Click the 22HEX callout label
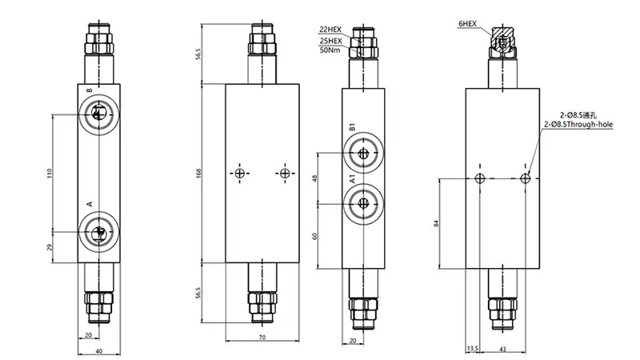pyautogui.click(x=330, y=30)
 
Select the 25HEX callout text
pyautogui.click(x=331, y=41)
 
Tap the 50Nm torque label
pyautogui.click(x=330, y=50)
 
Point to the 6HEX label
pyautogui.click(x=467, y=24)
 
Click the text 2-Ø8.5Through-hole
pyautogui.click(x=578, y=125)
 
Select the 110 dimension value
pyautogui.click(x=50, y=173)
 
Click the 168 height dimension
pyautogui.click(x=199, y=173)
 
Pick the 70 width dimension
pyautogui.click(x=262, y=337)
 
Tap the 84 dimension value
pyautogui.click(x=436, y=223)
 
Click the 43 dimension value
pyautogui.click(x=502, y=350)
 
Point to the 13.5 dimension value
pyautogui.click(x=472, y=349)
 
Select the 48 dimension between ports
pyautogui.click(x=314, y=178)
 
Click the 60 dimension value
pyautogui.click(x=314, y=236)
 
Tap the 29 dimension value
pyautogui.click(x=50, y=247)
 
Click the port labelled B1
pyautogui.click(x=363, y=154)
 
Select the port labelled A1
pyautogui.click(x=363, y=203)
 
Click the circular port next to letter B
pyautogui.click(x=98, y=114)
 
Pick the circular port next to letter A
pyautogui.click(x=98, y=232)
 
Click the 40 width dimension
pyautogui.click(x=98, y=351)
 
